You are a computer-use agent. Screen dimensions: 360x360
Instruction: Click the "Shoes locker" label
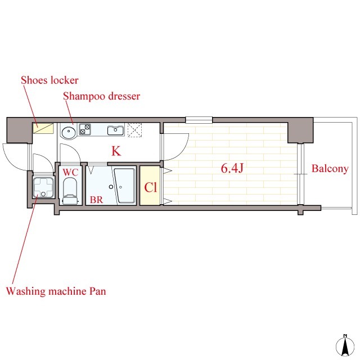tap(49, 80)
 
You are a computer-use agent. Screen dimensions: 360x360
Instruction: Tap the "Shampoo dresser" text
tap(101, 96)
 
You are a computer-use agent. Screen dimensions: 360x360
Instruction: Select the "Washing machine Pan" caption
tap(56, 291)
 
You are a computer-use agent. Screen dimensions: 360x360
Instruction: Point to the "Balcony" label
tap(330, 169)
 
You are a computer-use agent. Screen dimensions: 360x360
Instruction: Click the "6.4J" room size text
tap(232, 168)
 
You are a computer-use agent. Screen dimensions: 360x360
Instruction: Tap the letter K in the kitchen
tap(116, 151)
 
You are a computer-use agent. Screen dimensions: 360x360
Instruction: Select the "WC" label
tap(70, 172)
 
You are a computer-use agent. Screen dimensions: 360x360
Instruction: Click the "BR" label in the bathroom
tap(96, 200)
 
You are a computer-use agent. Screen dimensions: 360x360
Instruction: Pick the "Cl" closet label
tap(150, 187)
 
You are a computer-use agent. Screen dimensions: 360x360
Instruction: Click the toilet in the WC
tap(70, 191)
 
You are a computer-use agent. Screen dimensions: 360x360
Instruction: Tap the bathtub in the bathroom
tap(125, 186)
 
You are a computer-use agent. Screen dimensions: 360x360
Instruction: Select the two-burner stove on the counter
tap(85, 129)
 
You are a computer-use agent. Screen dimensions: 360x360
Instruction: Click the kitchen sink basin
tap(115, 130)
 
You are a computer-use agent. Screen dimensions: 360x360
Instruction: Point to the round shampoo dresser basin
tap(69, 132)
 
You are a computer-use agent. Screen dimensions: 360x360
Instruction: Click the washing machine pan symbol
tap(43, 187)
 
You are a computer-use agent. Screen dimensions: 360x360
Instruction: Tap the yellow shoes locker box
tap(43, 128)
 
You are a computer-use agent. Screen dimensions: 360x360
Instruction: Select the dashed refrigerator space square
tap(135, 130)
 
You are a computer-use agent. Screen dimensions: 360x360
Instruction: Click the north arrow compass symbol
tap(345, 346)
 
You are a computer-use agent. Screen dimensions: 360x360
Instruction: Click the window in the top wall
tap(199, 120)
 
